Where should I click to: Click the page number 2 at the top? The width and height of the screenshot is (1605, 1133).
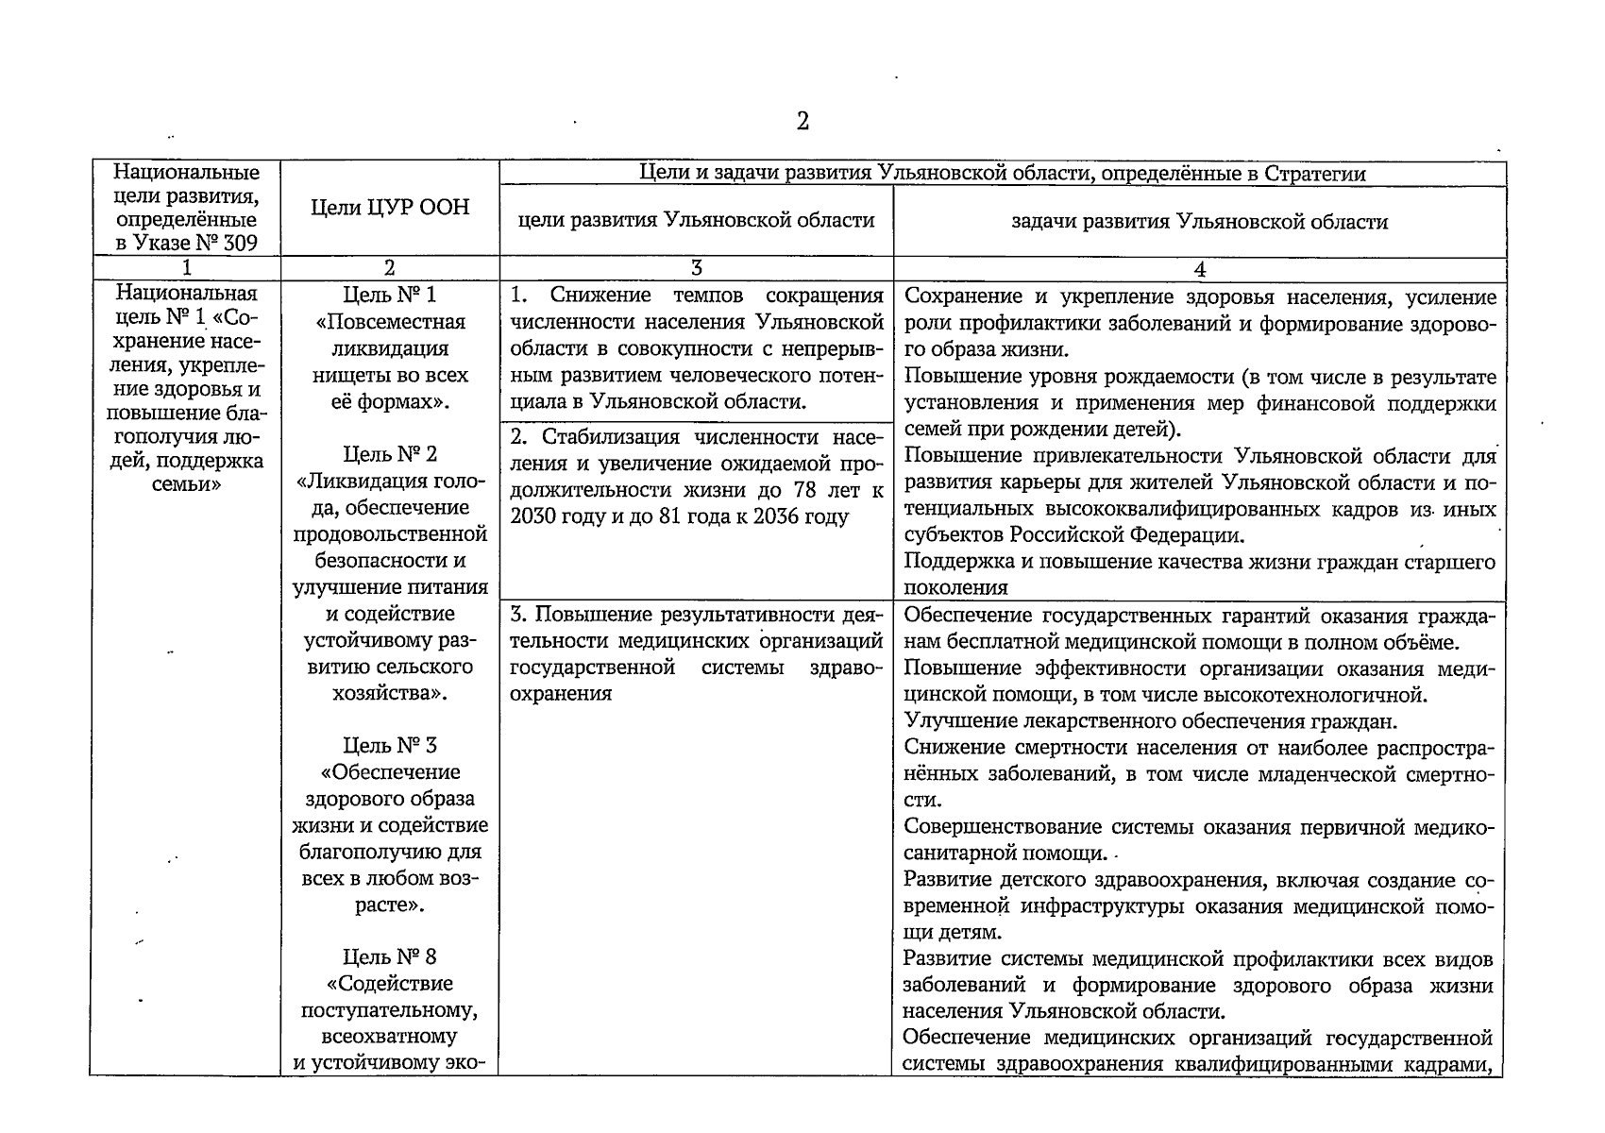[802, 121]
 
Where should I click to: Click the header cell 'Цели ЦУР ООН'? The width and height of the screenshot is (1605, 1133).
[390, 207]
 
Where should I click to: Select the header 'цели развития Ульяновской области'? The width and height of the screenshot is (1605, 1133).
[697, 220]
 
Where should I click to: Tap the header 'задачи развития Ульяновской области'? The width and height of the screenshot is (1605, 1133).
[1199, 222]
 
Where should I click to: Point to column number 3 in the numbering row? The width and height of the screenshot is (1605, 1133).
[697, 268]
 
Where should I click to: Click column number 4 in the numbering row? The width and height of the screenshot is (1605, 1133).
[1199, 269]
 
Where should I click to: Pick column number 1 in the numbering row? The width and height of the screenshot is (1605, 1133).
[186, 268]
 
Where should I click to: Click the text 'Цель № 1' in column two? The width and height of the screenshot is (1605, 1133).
[390, 295]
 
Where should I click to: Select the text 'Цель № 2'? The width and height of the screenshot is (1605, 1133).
[390, 454]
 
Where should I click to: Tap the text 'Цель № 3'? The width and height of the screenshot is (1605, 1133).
[390, 745]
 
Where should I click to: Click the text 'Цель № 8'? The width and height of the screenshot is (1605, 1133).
[390, 956]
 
